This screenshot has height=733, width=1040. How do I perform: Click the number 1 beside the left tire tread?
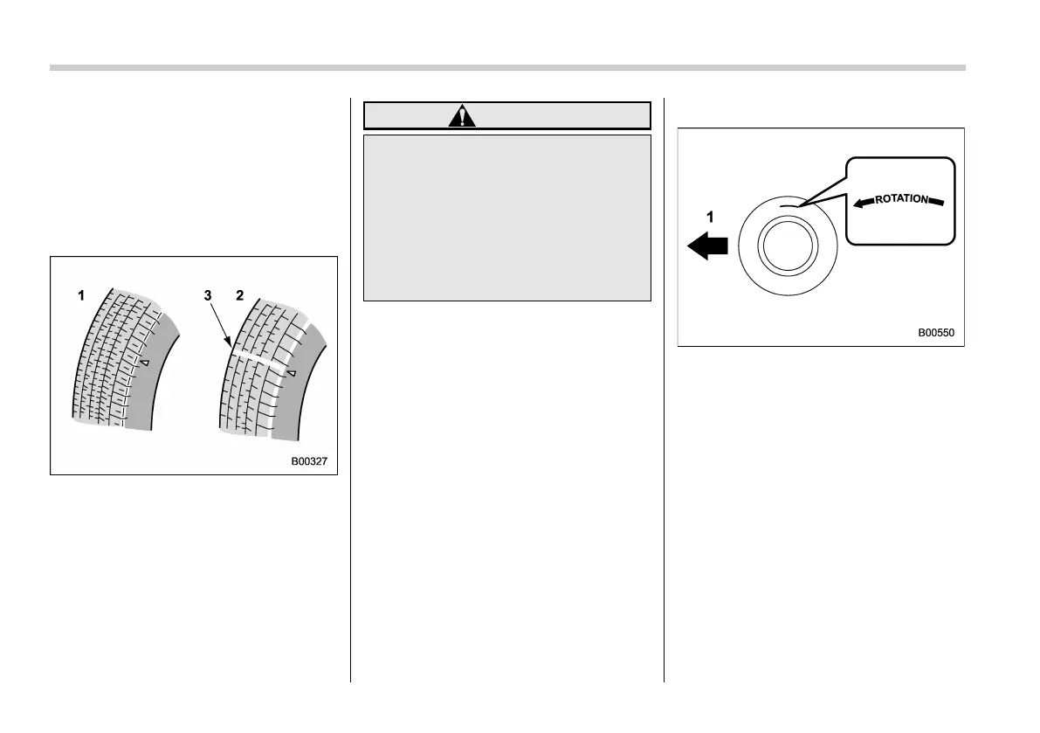click(81, 296)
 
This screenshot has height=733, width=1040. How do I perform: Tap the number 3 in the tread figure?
click(207, 296)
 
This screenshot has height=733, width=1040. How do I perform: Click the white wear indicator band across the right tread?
click(259, 359)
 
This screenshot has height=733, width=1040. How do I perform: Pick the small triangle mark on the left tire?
click(146, 361)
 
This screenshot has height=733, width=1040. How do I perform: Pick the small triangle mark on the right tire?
click(293, 373)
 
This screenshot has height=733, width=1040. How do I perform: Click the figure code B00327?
click(309, 462)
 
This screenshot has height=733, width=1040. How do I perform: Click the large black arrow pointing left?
click(707, 247)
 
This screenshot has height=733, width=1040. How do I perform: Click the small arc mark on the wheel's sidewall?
click(790, 205)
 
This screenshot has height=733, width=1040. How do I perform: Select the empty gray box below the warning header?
click(506, 218)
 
